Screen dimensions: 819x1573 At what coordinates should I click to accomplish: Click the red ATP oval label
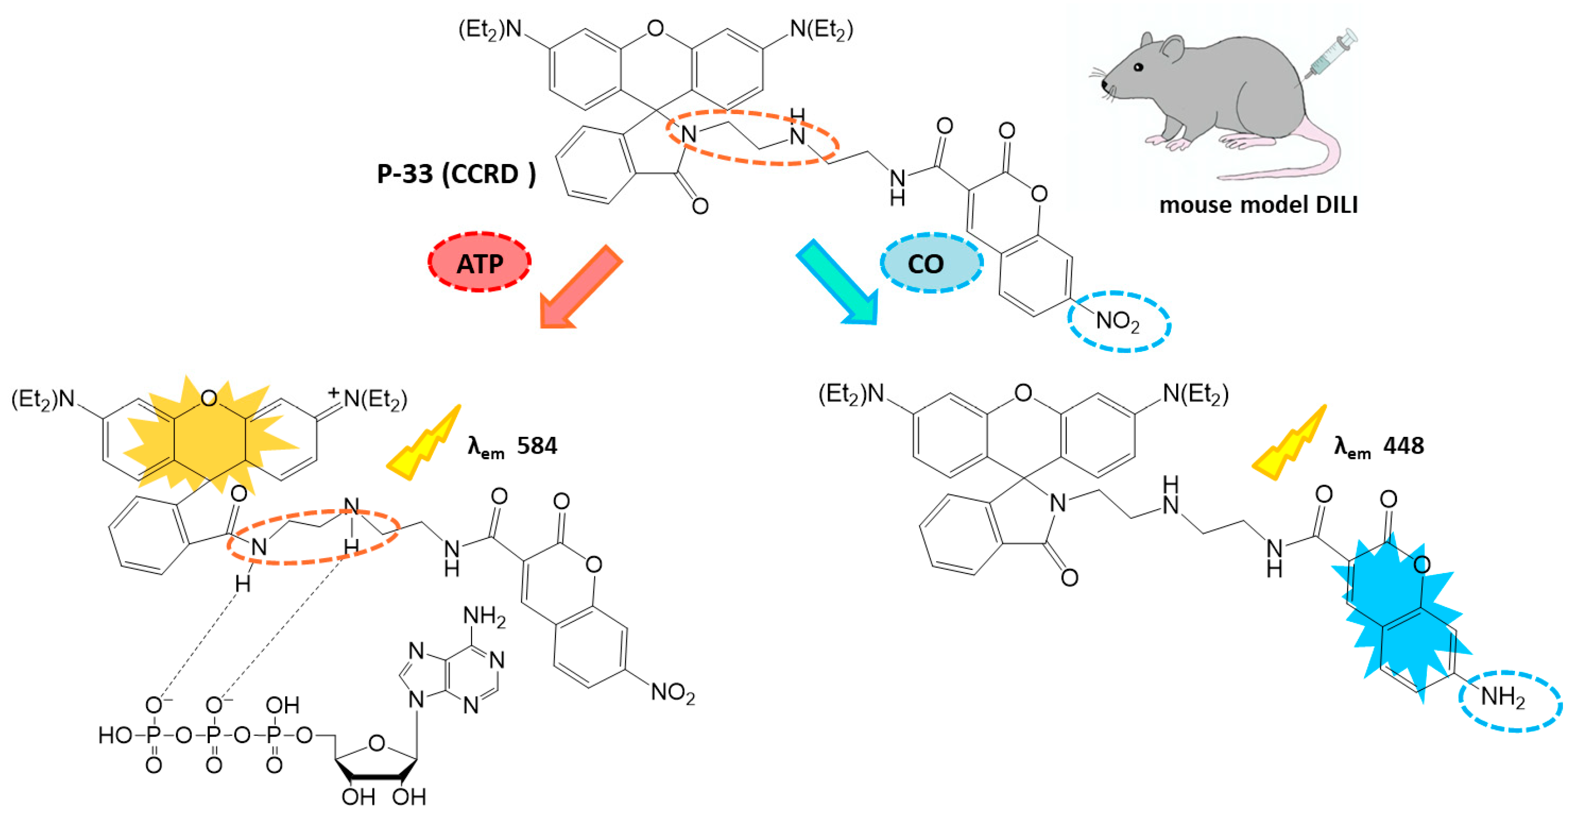[x=479, y=263]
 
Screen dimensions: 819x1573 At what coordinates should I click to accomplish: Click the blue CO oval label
[x=931, y=263]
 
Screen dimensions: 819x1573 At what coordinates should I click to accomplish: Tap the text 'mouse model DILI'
[x=1259, y=205]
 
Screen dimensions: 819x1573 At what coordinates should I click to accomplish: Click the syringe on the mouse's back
[x=1331, y=55]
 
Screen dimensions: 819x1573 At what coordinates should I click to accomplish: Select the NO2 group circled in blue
[x=1118, y=321]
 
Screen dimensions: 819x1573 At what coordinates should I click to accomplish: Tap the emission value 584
[x=537, y=446]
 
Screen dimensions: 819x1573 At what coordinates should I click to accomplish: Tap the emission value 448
[x=1403, y=446]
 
